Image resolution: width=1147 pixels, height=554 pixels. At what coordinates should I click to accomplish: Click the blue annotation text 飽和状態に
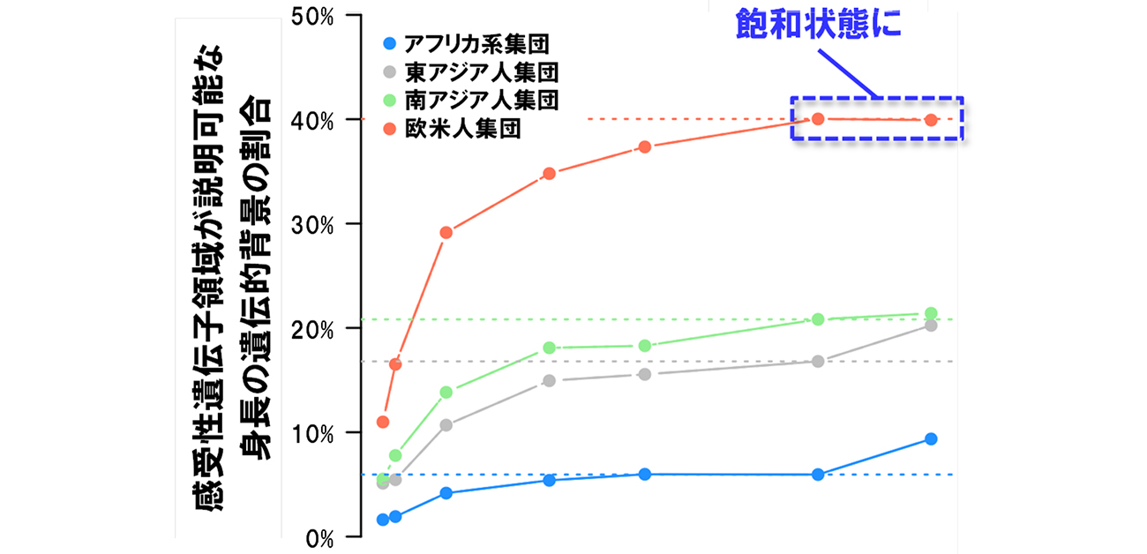(820, 24)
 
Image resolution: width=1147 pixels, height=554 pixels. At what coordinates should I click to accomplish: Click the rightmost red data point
(931, 120)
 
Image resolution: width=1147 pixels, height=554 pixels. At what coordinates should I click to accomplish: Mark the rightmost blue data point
(931, 439)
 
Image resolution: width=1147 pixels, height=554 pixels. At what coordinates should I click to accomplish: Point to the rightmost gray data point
(931, 326)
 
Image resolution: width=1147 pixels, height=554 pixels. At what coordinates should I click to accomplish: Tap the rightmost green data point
(931, 313)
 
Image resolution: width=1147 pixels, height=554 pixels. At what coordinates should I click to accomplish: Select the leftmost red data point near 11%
(383, 422)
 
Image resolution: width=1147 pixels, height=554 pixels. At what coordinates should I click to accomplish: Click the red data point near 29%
(446, 233)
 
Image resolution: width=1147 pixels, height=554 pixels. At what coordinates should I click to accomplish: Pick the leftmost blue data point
(383, 520)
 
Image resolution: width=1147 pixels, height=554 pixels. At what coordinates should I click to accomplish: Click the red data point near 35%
(549, 174)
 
